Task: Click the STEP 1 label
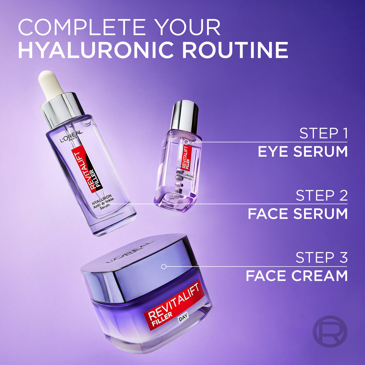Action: (323, 133)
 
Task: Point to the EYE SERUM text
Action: (303, 151)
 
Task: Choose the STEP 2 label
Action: (322, 196)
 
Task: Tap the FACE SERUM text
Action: (298, 214)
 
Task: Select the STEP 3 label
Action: (322, 258)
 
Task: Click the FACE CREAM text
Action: (297, 276)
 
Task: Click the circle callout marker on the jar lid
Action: (164, 267)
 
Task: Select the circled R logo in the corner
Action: (330, 331)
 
